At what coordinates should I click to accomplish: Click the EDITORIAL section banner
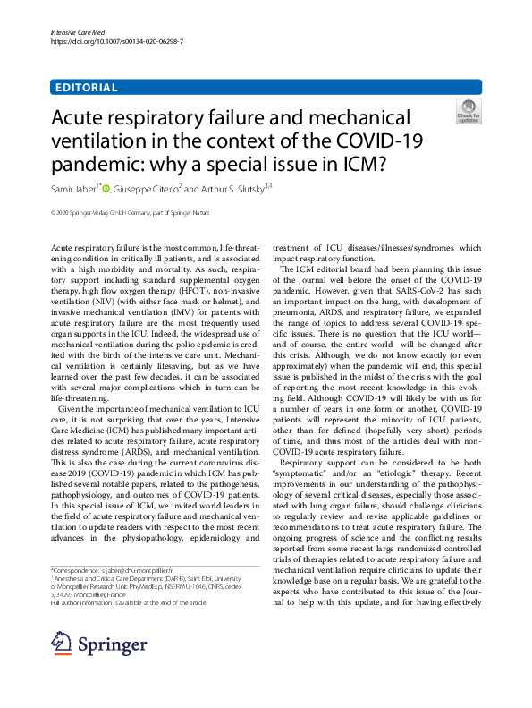click(86, 88)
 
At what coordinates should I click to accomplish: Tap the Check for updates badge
click(468, 113)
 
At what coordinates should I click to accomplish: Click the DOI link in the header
click(99, 42)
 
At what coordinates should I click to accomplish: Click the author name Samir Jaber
click(73, 189)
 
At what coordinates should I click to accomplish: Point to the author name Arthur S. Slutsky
click(244, 189)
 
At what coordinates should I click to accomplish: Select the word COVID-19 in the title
click(376, 141)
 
